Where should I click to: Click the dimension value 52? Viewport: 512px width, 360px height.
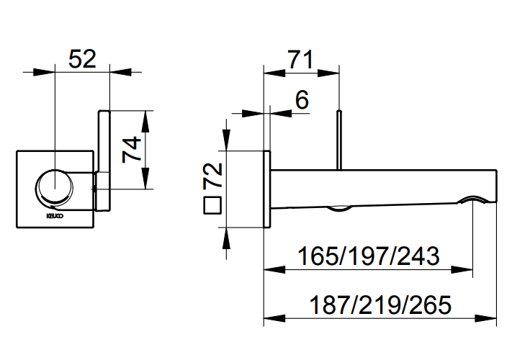tap(82, 57)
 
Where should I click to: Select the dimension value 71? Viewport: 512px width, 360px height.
tap(300, 59)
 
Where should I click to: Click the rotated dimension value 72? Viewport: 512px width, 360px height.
tap(212, 176)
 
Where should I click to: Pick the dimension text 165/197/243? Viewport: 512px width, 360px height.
tap(368, 256)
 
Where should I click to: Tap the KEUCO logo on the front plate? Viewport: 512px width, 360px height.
tap(55, 214)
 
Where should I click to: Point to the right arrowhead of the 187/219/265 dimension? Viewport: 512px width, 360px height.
tap(491, 318)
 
